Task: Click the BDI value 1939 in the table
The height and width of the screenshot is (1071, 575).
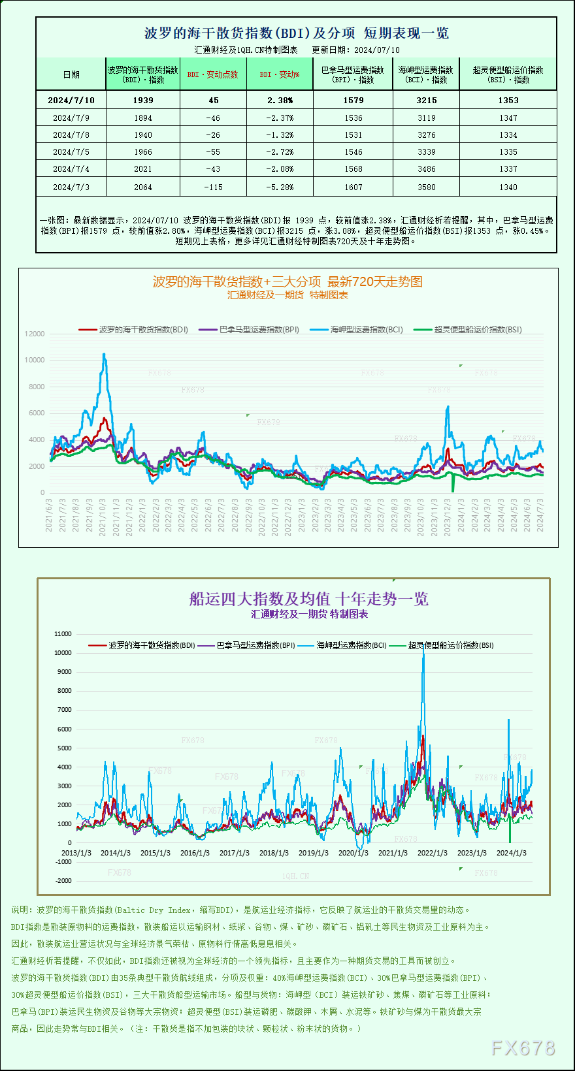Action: point(142,100)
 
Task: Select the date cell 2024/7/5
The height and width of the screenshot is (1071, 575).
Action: point(71,152)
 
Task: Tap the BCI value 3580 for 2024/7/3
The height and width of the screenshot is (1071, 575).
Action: point(426,187)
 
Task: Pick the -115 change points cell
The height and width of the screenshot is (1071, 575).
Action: point(213,187)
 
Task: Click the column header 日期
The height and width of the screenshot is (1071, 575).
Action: point(71,74)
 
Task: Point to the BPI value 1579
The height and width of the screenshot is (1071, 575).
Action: point(353,100)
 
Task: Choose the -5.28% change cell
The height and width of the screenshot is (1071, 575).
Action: point(280,187)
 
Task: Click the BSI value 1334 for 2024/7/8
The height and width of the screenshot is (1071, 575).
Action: point(508,135)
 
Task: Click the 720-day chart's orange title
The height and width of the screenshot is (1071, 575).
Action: point(287,281)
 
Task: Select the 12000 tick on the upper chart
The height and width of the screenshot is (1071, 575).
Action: point(35,334)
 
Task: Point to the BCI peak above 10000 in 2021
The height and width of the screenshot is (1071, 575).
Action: point(104,355)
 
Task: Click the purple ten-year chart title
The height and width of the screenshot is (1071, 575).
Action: point(308,599)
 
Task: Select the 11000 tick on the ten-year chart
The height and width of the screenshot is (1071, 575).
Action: point(63,633)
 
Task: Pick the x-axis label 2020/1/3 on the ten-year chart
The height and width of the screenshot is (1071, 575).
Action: point(353,853)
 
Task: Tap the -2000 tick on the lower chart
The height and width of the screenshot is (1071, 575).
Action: point(63,880)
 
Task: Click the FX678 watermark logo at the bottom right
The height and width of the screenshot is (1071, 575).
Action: point(523,1048)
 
